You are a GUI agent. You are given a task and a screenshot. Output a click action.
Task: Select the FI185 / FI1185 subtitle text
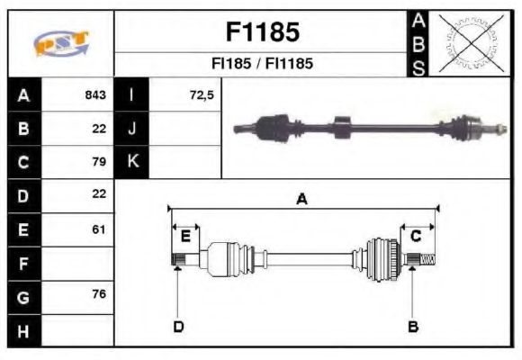click(261, 65)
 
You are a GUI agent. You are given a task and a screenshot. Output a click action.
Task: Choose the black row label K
click(131, 162)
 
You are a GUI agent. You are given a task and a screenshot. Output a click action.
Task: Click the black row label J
click(131, 129)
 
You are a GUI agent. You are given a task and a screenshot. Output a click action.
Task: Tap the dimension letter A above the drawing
click(302, 199)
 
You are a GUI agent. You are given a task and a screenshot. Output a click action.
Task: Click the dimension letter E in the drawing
click(185, 236)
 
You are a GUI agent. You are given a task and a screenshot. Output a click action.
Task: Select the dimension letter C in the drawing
click(416, 236)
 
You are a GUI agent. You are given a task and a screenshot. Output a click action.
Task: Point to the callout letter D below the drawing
click(178, 326)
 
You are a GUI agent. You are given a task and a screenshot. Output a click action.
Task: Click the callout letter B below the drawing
click(413, 326)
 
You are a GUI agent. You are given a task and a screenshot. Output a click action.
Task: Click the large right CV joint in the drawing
click(382, 258)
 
